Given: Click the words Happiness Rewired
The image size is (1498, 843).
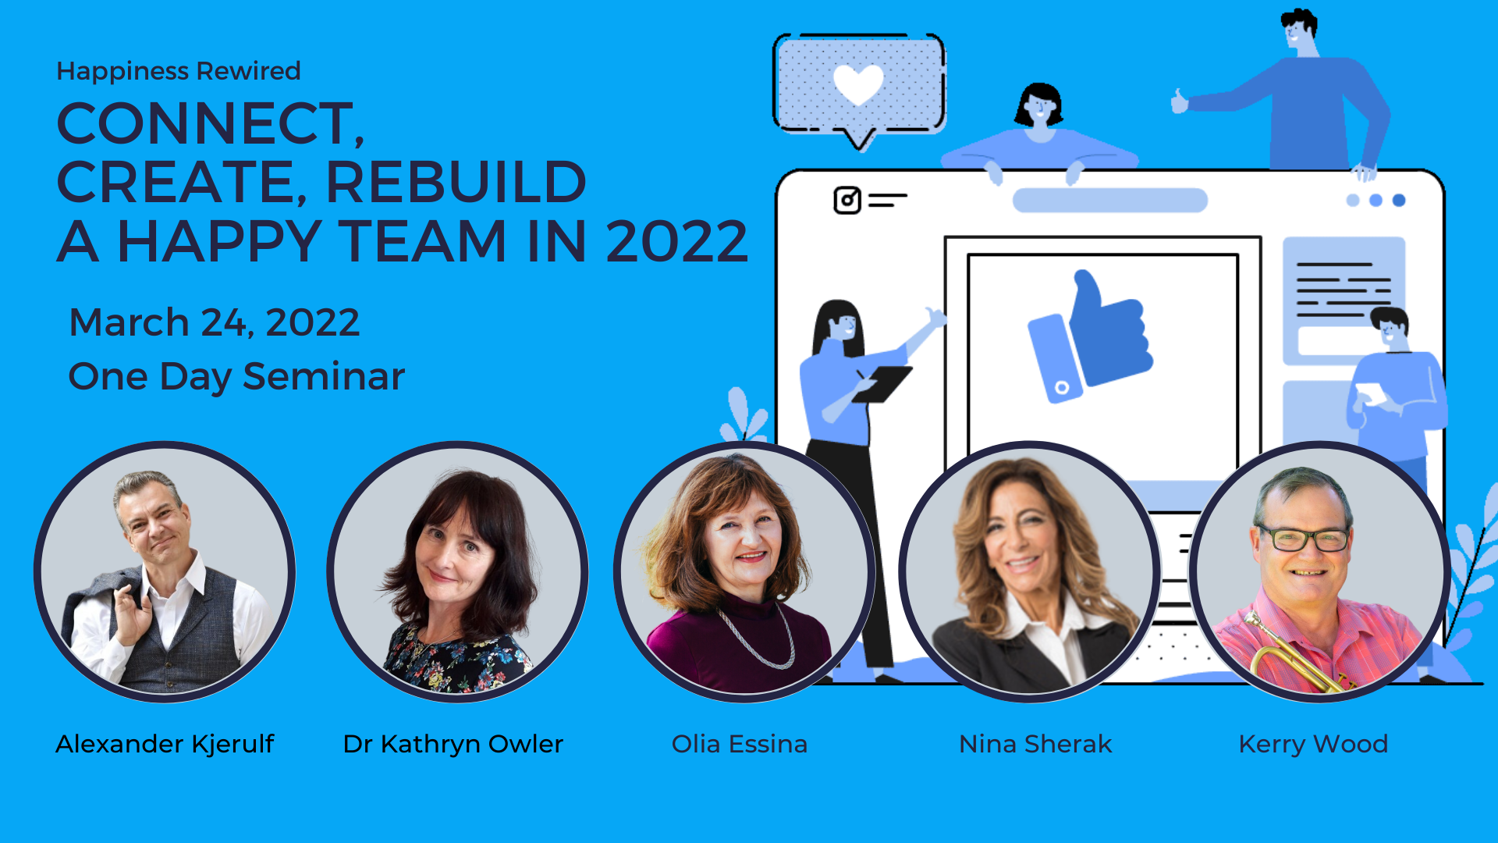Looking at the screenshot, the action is pyautogui.click(x=179, y=71).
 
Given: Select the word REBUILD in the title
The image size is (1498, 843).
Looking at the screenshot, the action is pyautogui.click(x=456, y=182).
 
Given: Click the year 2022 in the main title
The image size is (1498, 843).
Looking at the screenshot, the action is pyautogui.click(x=676, y=241).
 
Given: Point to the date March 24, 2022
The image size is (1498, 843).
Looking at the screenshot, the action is pyautogui.click(x=215, y=322).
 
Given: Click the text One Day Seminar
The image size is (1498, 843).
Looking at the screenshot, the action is pyautogui.click(x=236, y=376).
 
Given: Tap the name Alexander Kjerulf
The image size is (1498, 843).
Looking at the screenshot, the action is pyautogui.click(x=165, y=744).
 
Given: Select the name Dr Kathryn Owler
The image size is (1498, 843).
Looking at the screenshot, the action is pyautogui.click(x=453, y=744).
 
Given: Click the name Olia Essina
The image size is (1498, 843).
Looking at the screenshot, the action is pyautogui.click(x=740, y=744).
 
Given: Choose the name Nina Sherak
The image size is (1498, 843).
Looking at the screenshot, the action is pyautogui.click(x=1035, y=744).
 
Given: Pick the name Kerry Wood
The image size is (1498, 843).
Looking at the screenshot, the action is pyautogui.click(x=1313, y=744).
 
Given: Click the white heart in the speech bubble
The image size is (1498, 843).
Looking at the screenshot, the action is pyautogui.click(x=858, y=84).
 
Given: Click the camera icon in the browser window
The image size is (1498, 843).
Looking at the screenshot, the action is pyautogui.click(x=847, y=201).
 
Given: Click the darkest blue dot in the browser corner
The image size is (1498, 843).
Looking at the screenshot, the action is pyautogui.click(x=1399, y=201).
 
